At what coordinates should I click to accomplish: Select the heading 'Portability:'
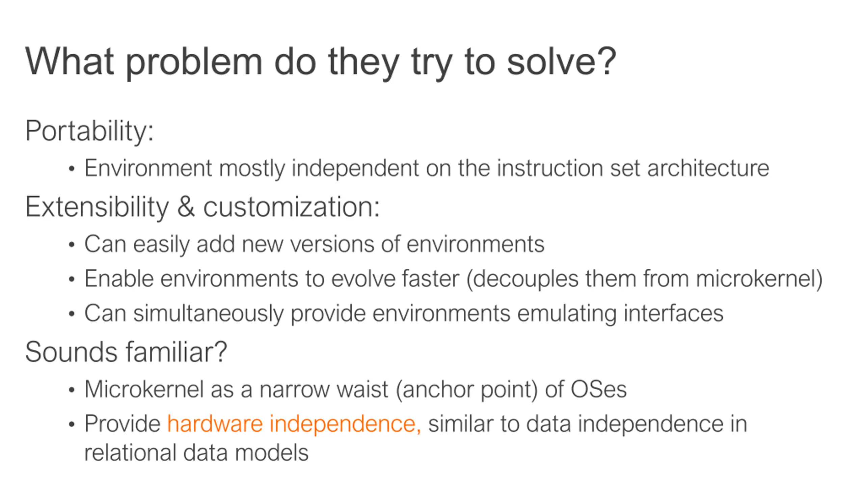[89, 131]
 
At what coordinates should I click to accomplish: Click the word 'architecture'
[708, 168]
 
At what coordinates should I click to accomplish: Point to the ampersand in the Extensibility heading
[186, 207]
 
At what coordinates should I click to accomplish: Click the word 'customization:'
[291, 207]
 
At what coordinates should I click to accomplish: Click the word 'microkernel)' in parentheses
[759, 279]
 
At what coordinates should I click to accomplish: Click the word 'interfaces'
[673, 313]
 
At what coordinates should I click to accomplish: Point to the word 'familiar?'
[176, 352]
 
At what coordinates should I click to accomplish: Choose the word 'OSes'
[598, 389]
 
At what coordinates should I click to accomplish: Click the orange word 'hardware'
[215, 424]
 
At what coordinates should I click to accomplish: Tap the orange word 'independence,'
[345, 425]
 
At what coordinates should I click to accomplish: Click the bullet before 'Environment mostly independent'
[71, 169]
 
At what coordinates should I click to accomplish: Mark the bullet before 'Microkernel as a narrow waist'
[71, 390]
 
